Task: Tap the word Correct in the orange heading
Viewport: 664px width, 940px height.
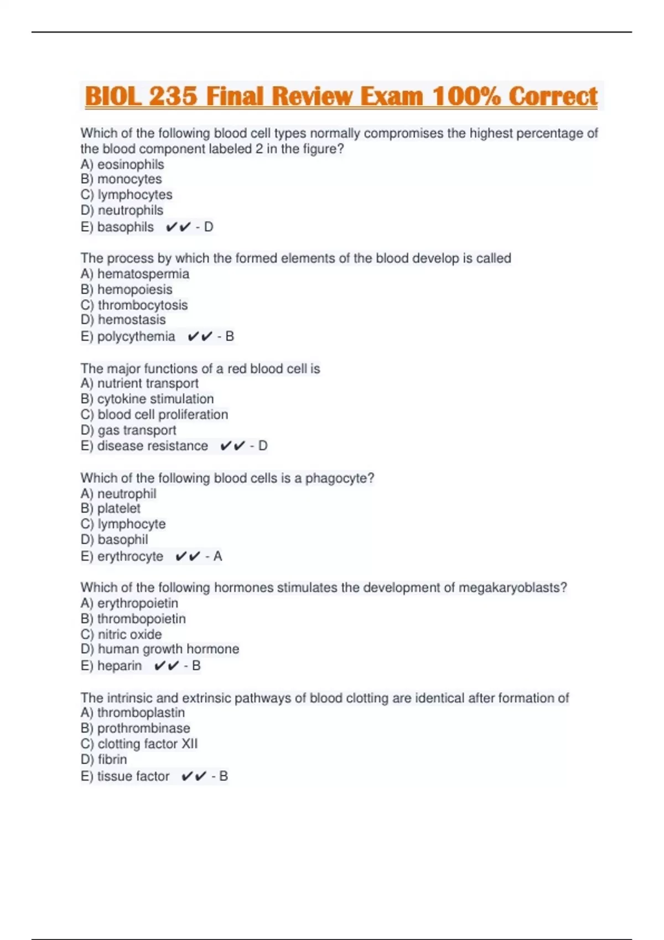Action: tap(553, 96)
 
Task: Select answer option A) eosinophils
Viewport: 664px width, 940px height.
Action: tap(122, 164)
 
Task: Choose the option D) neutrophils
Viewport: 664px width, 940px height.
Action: tap(122, 210)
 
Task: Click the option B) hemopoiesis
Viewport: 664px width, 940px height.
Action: tap(126, 289)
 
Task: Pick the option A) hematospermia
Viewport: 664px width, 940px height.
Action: tap(134, 274)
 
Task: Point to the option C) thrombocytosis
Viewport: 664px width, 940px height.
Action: tap(134, 305)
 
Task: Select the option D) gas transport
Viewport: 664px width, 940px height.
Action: tap(128, 430)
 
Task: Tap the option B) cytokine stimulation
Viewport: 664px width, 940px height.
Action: tap(147, 399)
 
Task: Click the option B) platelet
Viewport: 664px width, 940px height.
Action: tap(110, 508)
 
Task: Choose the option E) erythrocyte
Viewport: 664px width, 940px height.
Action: tap(122, 556)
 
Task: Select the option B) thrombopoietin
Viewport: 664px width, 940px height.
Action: tap(133, 619)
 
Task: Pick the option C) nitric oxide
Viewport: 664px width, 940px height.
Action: tap(121, 634)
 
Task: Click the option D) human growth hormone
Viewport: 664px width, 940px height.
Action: tap(159, 649)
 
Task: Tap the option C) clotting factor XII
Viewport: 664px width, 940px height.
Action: tap(139, 744)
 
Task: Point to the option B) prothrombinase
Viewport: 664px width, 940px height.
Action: tap(135, 728)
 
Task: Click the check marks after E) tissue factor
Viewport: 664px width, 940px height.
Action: tap(194, 776)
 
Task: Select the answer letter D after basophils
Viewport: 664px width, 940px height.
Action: tap(209, 227)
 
